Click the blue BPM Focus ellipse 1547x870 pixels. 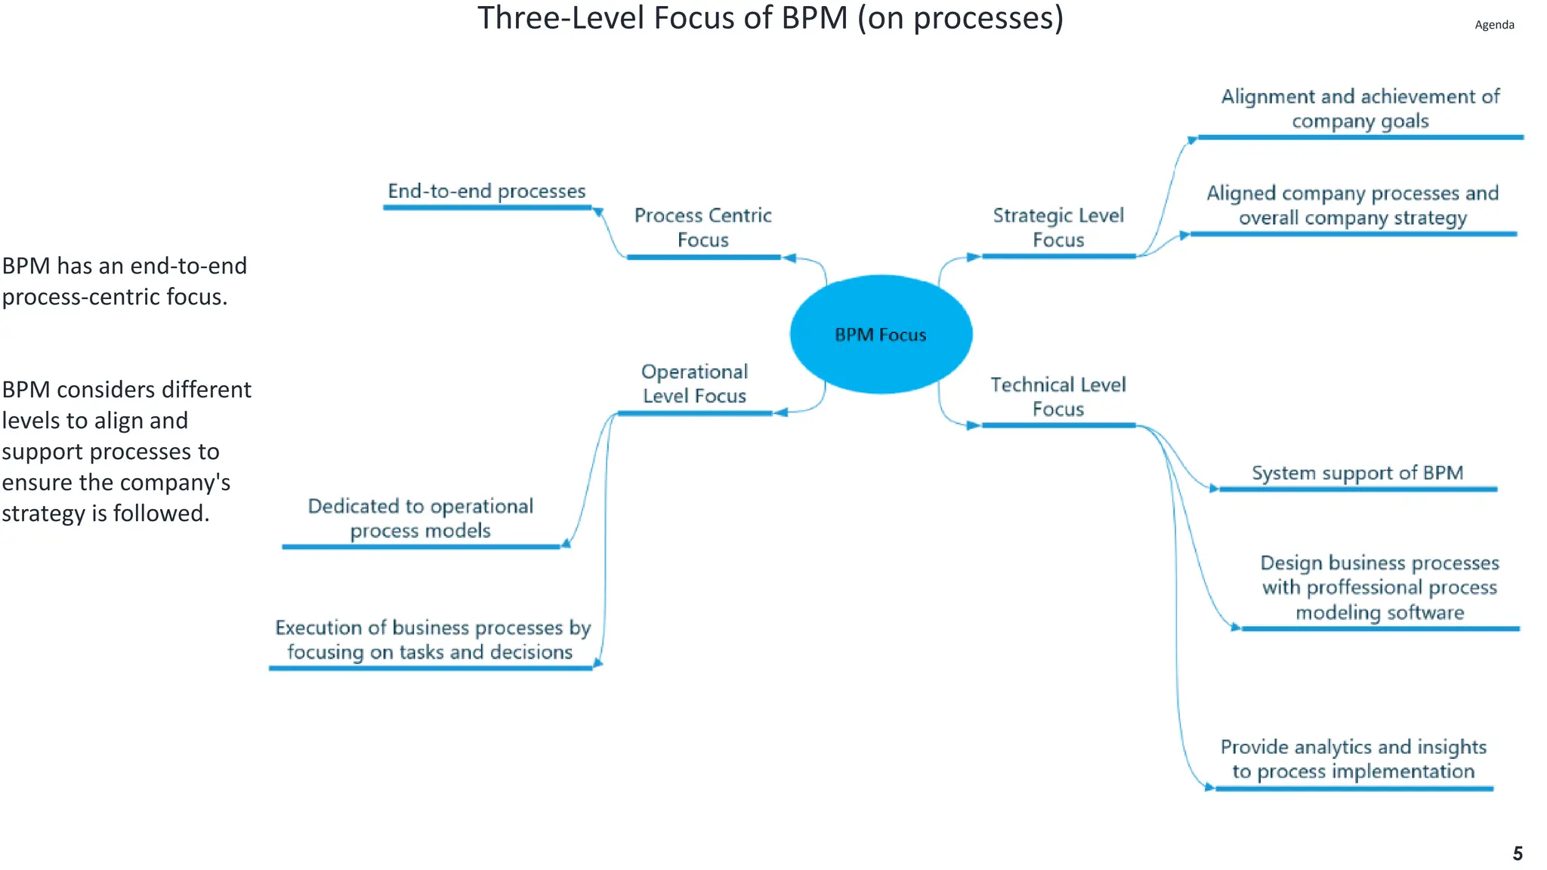(881, 334)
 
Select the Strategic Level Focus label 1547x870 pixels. (1058, 227)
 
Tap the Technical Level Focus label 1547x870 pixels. (1058, 396)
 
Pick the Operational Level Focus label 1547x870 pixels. (694, 384)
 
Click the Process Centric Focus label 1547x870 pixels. (702, 227)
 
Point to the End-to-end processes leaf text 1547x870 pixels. (486, 191)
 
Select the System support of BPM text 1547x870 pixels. (1357, 473)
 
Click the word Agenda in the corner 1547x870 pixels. (1493, 25)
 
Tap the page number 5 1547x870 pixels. (1517, 853)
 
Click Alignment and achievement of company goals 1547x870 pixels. (1360, 109)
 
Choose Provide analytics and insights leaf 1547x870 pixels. (1353, 759)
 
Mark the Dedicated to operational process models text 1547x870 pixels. (420, 518)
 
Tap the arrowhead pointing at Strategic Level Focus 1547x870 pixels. (974, 257)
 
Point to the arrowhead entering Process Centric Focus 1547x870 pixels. (789, 258)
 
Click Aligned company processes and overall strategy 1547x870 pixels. (1352, 205)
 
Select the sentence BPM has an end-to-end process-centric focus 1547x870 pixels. (124, 281)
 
